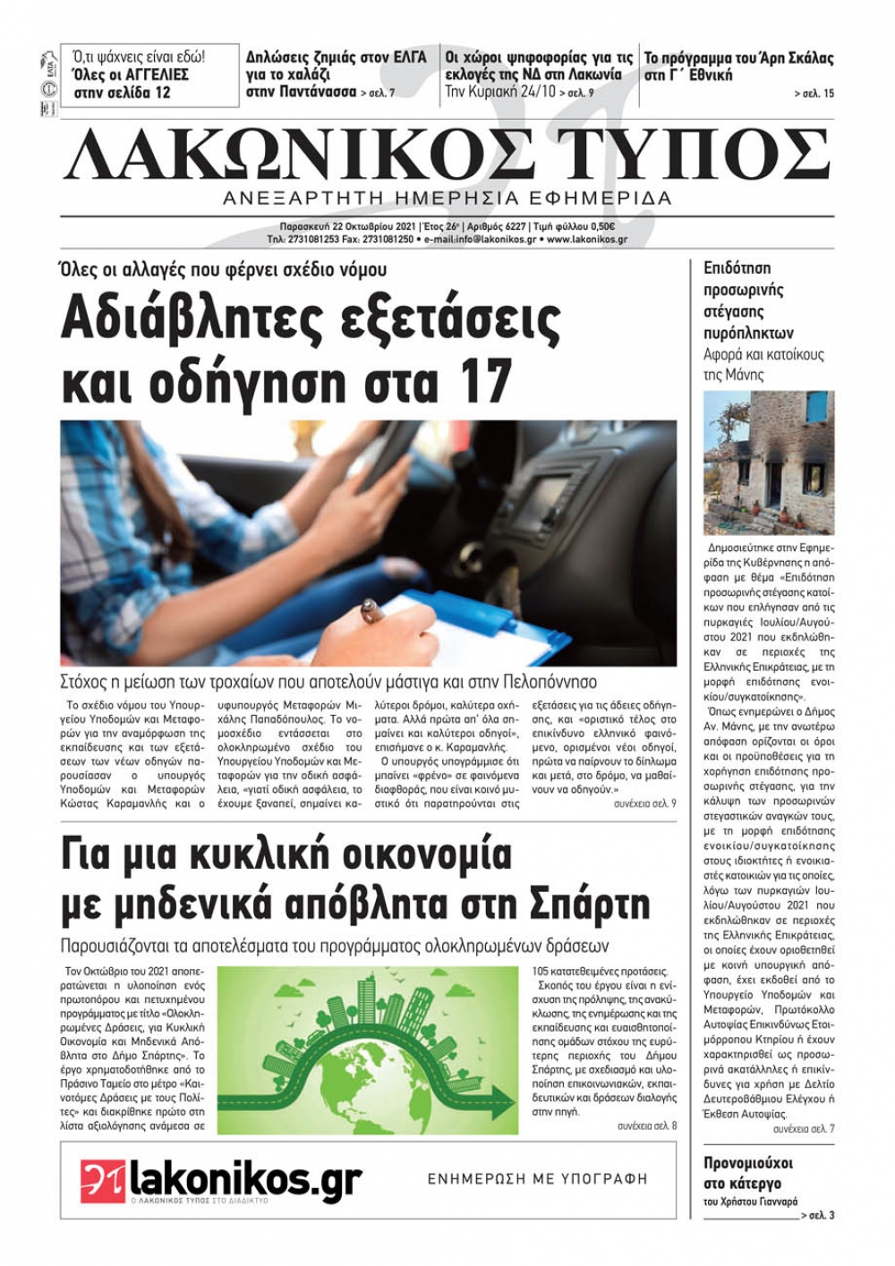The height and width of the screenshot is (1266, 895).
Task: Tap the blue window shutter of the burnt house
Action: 817,410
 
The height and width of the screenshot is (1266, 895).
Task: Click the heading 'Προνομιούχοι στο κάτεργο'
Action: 748,1173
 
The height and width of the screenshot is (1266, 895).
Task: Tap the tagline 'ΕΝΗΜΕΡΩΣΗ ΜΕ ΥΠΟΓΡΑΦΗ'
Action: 537,1179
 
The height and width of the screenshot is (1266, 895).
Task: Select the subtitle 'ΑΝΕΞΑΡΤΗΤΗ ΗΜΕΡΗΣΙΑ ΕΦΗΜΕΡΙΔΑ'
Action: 447,198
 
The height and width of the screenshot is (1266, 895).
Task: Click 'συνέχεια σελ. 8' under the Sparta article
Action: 647,1126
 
